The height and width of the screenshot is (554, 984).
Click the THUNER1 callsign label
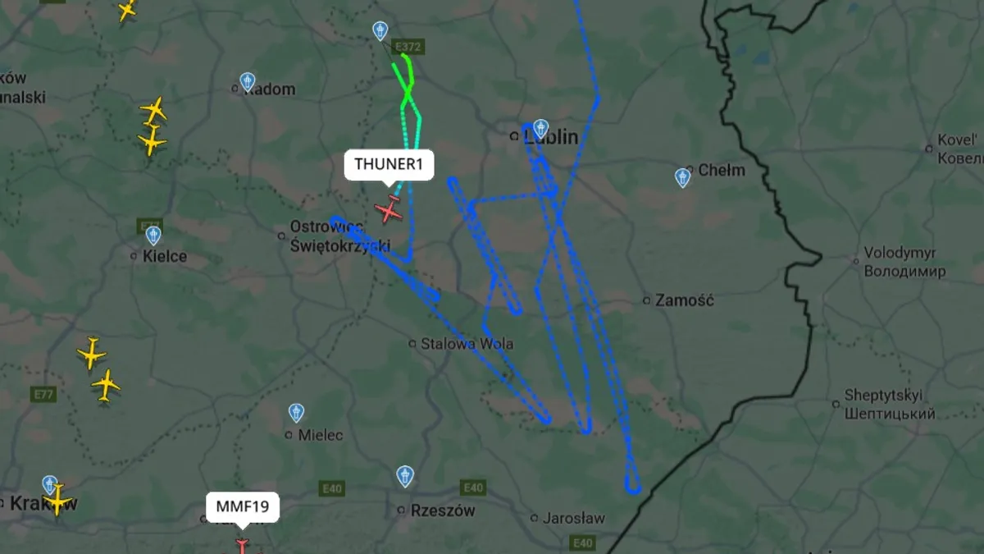388,164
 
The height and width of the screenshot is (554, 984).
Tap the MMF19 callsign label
242,506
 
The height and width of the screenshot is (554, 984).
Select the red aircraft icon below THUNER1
389,210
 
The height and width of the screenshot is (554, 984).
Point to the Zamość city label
684,300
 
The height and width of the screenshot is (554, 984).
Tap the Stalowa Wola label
467,343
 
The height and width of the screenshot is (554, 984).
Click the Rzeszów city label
442,511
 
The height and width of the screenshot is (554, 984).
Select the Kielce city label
164,256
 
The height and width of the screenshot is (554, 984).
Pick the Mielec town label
320,435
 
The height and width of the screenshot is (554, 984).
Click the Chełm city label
722,171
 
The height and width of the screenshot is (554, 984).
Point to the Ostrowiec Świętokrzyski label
339,236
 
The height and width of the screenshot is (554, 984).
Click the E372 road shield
407,48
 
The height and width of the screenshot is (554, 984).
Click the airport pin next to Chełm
682,177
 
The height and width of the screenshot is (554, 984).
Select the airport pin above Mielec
297,412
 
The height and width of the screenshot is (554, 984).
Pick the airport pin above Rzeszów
405,475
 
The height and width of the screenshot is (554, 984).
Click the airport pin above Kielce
153,236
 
